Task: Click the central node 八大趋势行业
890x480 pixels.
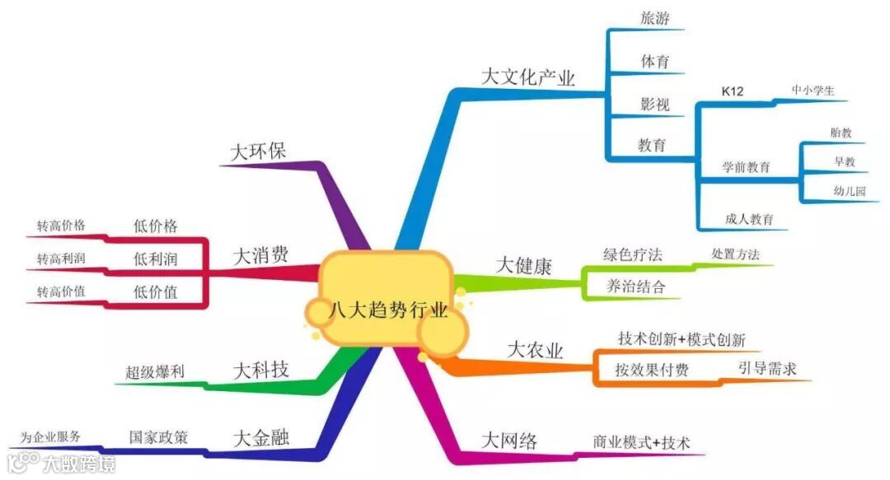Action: [387, 312]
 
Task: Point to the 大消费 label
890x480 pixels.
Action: [261, 254]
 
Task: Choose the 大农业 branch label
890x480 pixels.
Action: [535, 350]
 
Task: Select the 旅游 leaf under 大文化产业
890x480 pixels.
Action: [655, 18]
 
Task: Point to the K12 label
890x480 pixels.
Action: [732, 91]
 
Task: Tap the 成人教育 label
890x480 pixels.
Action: [749, 219]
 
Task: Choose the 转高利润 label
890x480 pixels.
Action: [60, 259]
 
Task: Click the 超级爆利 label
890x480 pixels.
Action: [155, 373]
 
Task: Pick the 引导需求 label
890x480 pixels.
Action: [767, 369]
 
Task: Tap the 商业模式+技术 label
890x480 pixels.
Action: [641, 441]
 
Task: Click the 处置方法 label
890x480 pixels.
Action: [735, 254]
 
